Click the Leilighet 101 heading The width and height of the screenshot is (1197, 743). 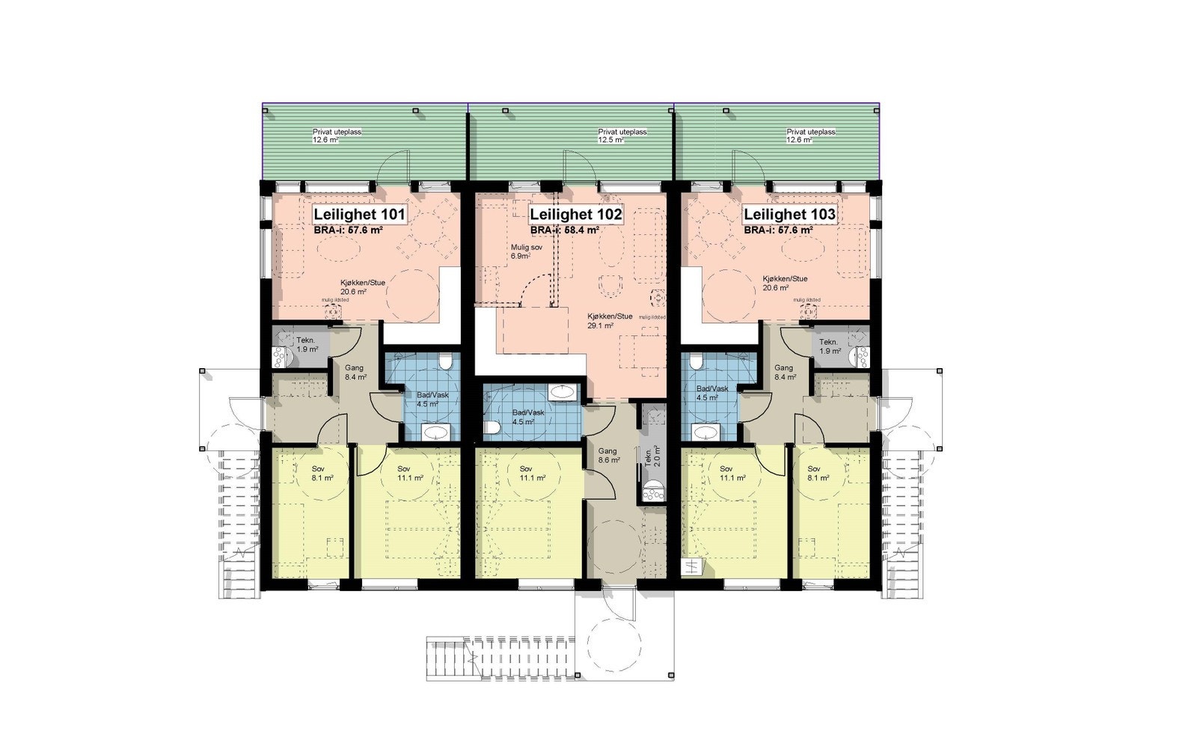click(359, 215)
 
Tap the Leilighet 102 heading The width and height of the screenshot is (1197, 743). click(575, 215)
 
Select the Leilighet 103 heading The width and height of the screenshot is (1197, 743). click(789, 215)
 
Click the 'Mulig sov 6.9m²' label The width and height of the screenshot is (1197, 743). click(521, 251)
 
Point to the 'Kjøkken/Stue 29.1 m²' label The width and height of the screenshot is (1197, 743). click(610, 321)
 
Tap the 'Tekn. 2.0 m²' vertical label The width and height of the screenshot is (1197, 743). click(648, 457)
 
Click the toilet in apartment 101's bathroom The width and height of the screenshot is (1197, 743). click(446, 363)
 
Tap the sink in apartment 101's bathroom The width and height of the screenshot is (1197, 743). click(435, 432)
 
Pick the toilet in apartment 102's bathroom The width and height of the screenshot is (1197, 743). click(492, 428)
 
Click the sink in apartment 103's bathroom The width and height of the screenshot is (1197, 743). click(705, 432)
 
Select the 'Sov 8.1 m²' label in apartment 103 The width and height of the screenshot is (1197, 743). click(818, 473)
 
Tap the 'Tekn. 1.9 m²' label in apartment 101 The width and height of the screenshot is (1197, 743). click(307, 346)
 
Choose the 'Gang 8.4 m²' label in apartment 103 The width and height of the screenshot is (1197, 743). click(784, 372)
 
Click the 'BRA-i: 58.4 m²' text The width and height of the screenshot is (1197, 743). click(565, 231)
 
